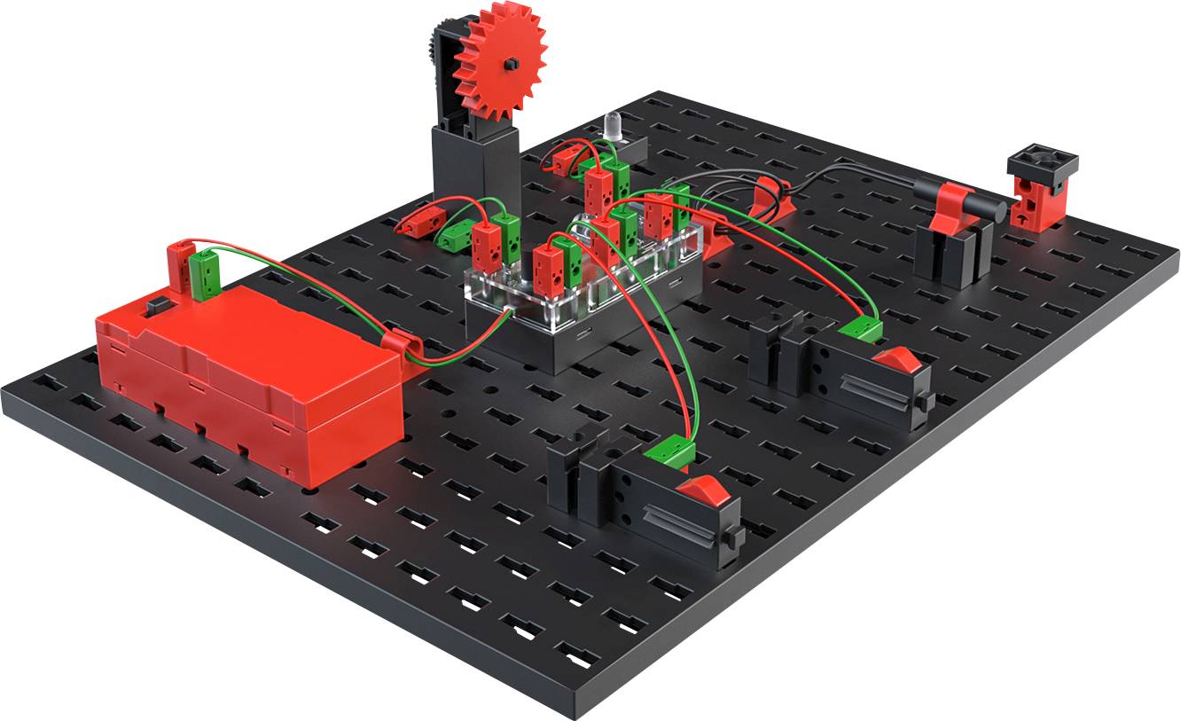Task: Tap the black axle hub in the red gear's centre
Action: (512, 65)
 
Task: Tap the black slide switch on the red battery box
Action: (156, 305)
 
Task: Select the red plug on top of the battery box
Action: (178, 266)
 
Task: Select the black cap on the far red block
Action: (1042, 162)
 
